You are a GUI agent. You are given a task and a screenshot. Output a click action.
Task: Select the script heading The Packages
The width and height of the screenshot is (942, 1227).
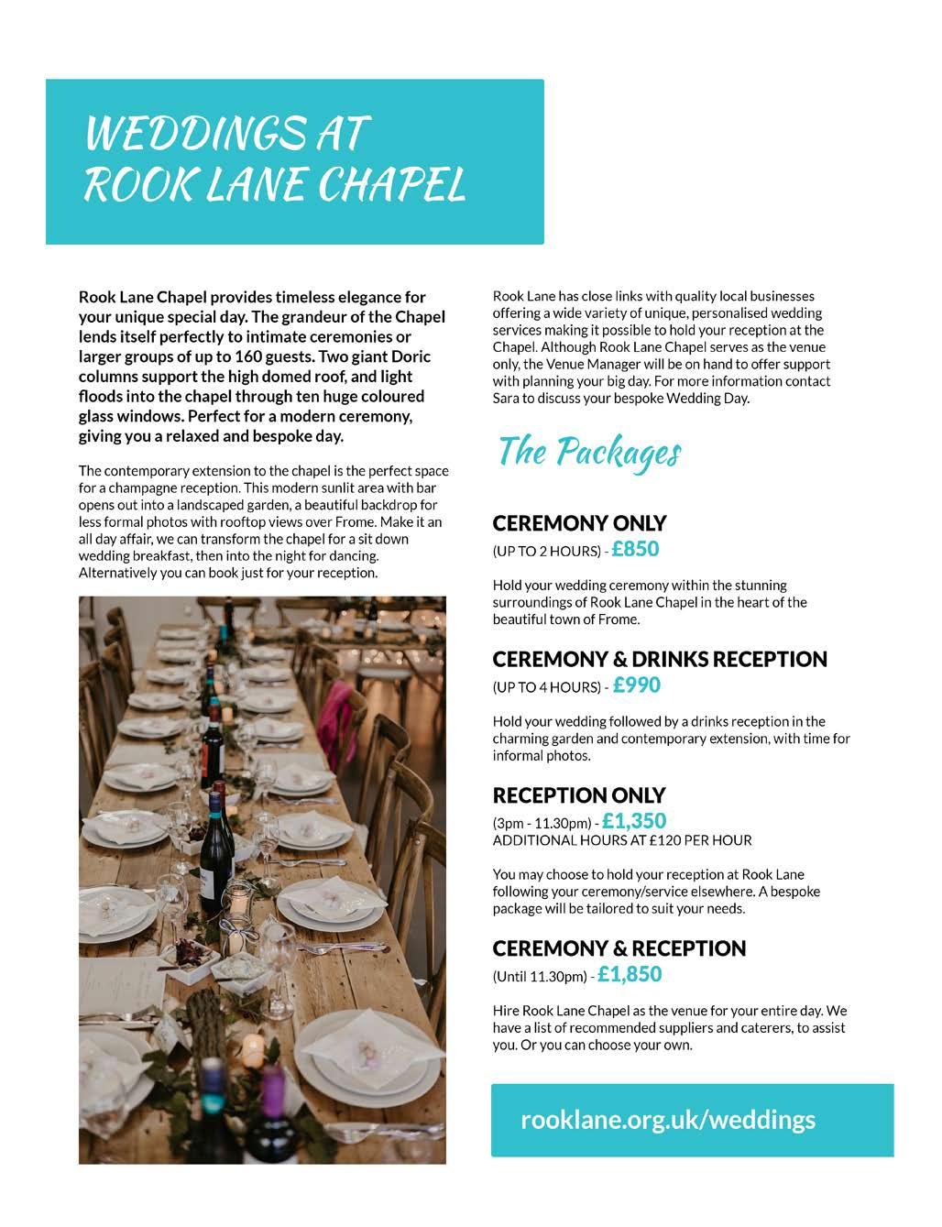click(x=589, y=453)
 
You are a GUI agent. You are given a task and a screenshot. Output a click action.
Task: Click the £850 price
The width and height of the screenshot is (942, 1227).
click(x=636, y=549)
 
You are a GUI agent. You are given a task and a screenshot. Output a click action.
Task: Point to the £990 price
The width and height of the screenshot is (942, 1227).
click(x=637, y=685)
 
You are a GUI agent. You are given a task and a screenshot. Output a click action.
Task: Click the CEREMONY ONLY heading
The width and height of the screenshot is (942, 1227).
click(x=579, y=523)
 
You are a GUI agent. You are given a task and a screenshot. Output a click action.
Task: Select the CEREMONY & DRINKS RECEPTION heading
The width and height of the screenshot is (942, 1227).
click(x=660, y=659)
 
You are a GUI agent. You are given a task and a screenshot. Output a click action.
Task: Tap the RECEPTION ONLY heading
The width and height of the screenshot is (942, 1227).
click(x=579, y=794)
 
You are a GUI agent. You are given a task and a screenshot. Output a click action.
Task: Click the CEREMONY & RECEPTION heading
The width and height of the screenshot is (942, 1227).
click(x=619, y=948)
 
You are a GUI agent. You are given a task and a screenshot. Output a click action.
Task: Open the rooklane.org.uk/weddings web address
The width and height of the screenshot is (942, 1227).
click(x=668, y=1119)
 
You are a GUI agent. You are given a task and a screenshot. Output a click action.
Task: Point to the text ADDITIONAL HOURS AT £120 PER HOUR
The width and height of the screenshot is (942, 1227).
click(x=622, y=839)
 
